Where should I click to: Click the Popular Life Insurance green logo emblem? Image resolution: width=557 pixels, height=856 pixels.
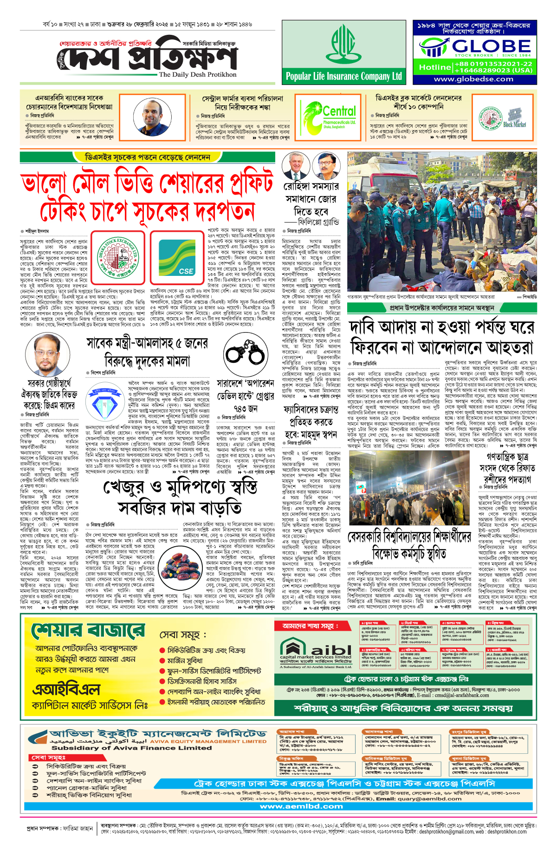(343, 45)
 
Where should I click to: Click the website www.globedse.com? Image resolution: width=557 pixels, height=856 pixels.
(473, 79)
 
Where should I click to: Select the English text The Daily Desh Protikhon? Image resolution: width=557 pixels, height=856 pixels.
(197, 74)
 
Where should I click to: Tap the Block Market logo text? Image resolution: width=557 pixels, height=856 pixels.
(514, 124)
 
